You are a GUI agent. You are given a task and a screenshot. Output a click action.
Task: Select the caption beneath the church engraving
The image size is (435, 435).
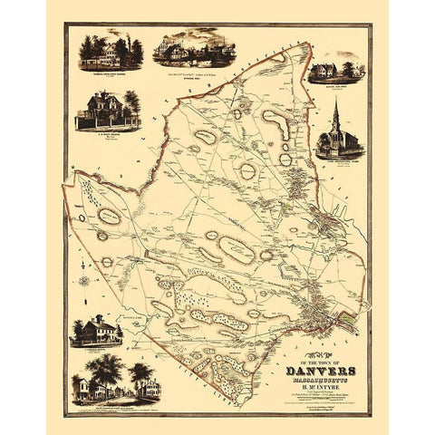click(337, 165)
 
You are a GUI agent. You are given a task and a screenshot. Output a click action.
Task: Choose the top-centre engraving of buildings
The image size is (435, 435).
click(194, 47)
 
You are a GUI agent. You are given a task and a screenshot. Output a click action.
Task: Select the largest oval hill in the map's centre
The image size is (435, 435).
click(235, 247)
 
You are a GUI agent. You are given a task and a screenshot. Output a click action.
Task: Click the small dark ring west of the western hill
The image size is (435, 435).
click(82, 217)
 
